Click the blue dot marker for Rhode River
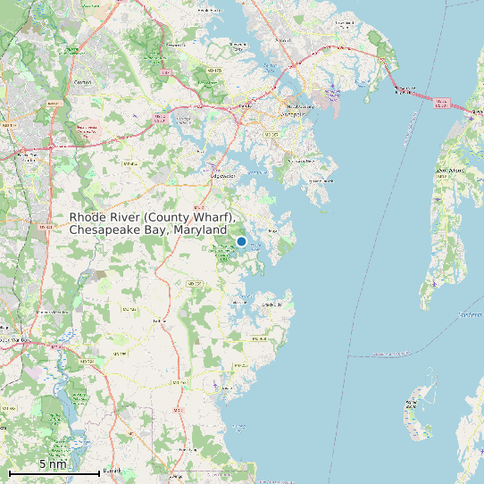[241, 241]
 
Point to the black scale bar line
[54, 471]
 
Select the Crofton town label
[83, 82]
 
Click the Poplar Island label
[413, 404]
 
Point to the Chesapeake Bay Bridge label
[405, 90]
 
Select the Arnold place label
[284, 39]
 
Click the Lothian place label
[161, 320]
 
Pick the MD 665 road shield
[271, 134]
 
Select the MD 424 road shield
[130, 163]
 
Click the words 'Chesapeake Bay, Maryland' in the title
[147, 230]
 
